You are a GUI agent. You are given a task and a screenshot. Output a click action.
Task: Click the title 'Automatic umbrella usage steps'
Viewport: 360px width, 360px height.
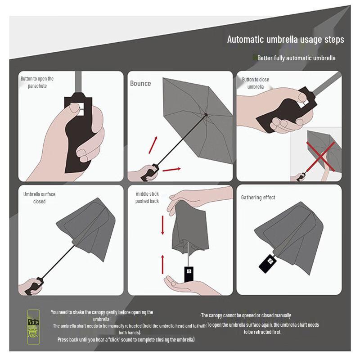point(285,40)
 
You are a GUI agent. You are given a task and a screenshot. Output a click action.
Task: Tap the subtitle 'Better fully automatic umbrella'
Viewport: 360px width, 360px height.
point(296,58)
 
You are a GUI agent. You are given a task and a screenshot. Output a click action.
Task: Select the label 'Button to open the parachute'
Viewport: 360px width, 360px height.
point(37,82)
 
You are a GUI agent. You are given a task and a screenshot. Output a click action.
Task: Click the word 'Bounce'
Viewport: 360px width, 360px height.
point(140,84)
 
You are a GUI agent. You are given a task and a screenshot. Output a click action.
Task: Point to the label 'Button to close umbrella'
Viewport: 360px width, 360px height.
point(255,83)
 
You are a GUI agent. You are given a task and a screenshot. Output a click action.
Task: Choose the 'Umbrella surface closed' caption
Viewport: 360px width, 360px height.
point(39,198)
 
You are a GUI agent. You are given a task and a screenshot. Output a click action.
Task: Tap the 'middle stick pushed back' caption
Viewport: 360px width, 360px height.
point(147,198)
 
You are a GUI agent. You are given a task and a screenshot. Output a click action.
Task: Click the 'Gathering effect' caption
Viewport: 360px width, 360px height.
point(258,198)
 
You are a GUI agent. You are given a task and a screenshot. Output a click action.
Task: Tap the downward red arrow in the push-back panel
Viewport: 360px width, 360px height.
point(163,225)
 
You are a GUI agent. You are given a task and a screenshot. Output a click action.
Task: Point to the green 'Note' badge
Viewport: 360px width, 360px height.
point(33,322)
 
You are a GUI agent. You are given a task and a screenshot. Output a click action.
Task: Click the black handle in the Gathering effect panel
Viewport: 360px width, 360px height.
point(267,263)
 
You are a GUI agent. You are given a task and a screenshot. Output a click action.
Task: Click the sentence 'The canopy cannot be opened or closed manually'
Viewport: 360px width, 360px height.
point(246,315)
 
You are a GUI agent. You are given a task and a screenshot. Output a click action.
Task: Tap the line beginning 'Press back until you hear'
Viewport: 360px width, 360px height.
point(126,340)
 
